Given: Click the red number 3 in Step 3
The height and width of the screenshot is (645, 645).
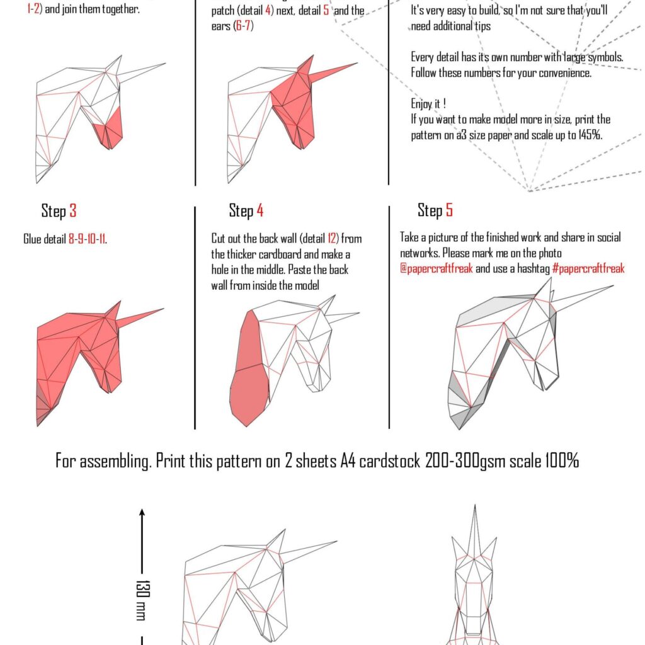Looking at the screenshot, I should pyautogui.click(x=73, y=211).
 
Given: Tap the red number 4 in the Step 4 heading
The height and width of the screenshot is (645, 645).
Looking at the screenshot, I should pyautogui.click(x=260, y=211).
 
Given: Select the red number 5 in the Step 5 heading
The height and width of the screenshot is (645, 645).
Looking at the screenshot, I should pyautogui.click(x=449, y=210).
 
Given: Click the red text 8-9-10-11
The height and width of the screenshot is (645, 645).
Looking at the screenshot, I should pyautogui.click(x=87, y=239).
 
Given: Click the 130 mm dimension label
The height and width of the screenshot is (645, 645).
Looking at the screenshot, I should pyautogui.click(x=142, y=600).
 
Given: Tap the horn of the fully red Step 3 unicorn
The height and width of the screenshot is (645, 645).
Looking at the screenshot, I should pyautogui.click(x=141, y=316).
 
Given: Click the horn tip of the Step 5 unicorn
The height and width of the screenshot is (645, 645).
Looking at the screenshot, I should pyautogui.click(x=611, y=287).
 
